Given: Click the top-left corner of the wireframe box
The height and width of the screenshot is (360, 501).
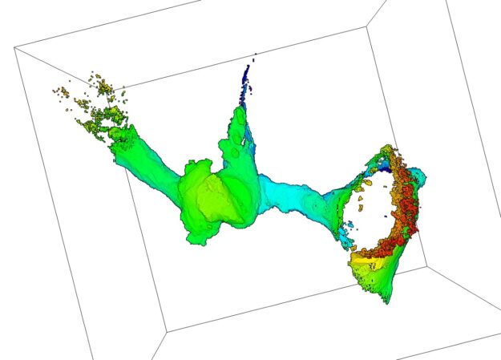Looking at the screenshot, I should tap(15, 48).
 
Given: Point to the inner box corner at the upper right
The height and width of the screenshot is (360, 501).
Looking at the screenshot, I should tap(366, 29).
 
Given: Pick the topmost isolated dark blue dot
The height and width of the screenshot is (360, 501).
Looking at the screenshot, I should tap(255, 55).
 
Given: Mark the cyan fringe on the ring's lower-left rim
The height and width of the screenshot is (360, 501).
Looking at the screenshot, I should tap(346, 237).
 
